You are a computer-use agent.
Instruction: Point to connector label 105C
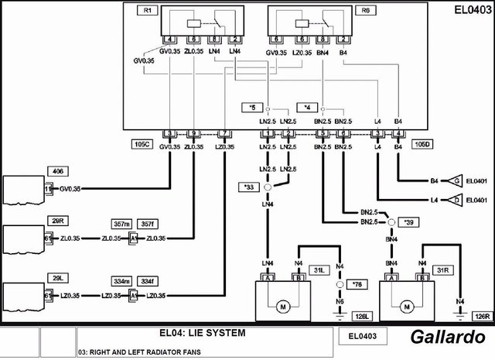click(141, 144)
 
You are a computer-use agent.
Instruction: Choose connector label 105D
click(422, 144)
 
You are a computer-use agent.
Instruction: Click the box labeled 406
click(57, 170)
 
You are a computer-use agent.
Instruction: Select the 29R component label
click(57, 221)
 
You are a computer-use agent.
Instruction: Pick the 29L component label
click(57, 276)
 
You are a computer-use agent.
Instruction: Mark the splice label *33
click(248, 187)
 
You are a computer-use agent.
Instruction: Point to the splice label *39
click(411, 222)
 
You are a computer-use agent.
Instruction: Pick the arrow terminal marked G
click(457, 181)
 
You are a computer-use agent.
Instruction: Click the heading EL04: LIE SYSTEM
click(202, 333)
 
